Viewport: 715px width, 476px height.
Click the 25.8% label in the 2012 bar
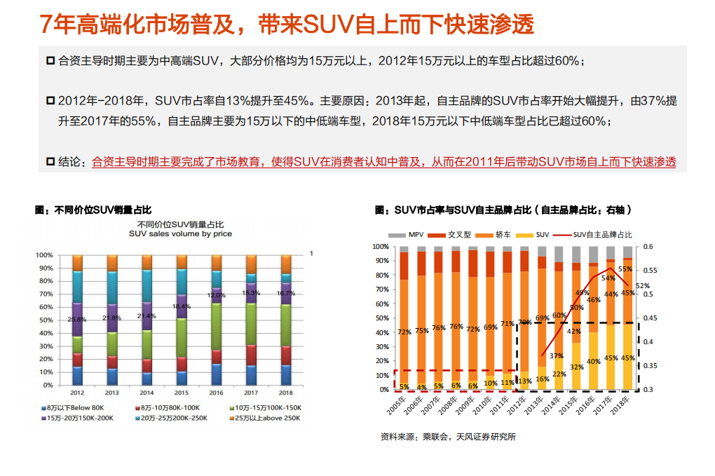tap(78, 319)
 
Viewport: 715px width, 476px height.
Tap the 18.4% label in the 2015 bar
tap(181, 306)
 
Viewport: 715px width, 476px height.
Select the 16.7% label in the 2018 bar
tap(285, 293)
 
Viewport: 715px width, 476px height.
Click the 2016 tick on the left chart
tap(216, 393)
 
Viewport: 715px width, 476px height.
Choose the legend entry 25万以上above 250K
tap(268, 418)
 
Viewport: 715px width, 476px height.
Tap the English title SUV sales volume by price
tap(180, 233)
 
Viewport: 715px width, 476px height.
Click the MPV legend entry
tap(411, 235)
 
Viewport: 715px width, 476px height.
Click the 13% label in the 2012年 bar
tap(524, 381)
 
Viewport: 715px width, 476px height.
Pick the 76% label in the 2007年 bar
tap(438, 328)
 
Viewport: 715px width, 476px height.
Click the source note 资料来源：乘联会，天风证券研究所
tap(448, 437)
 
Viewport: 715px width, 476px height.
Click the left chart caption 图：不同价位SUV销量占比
tap(93, 210)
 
